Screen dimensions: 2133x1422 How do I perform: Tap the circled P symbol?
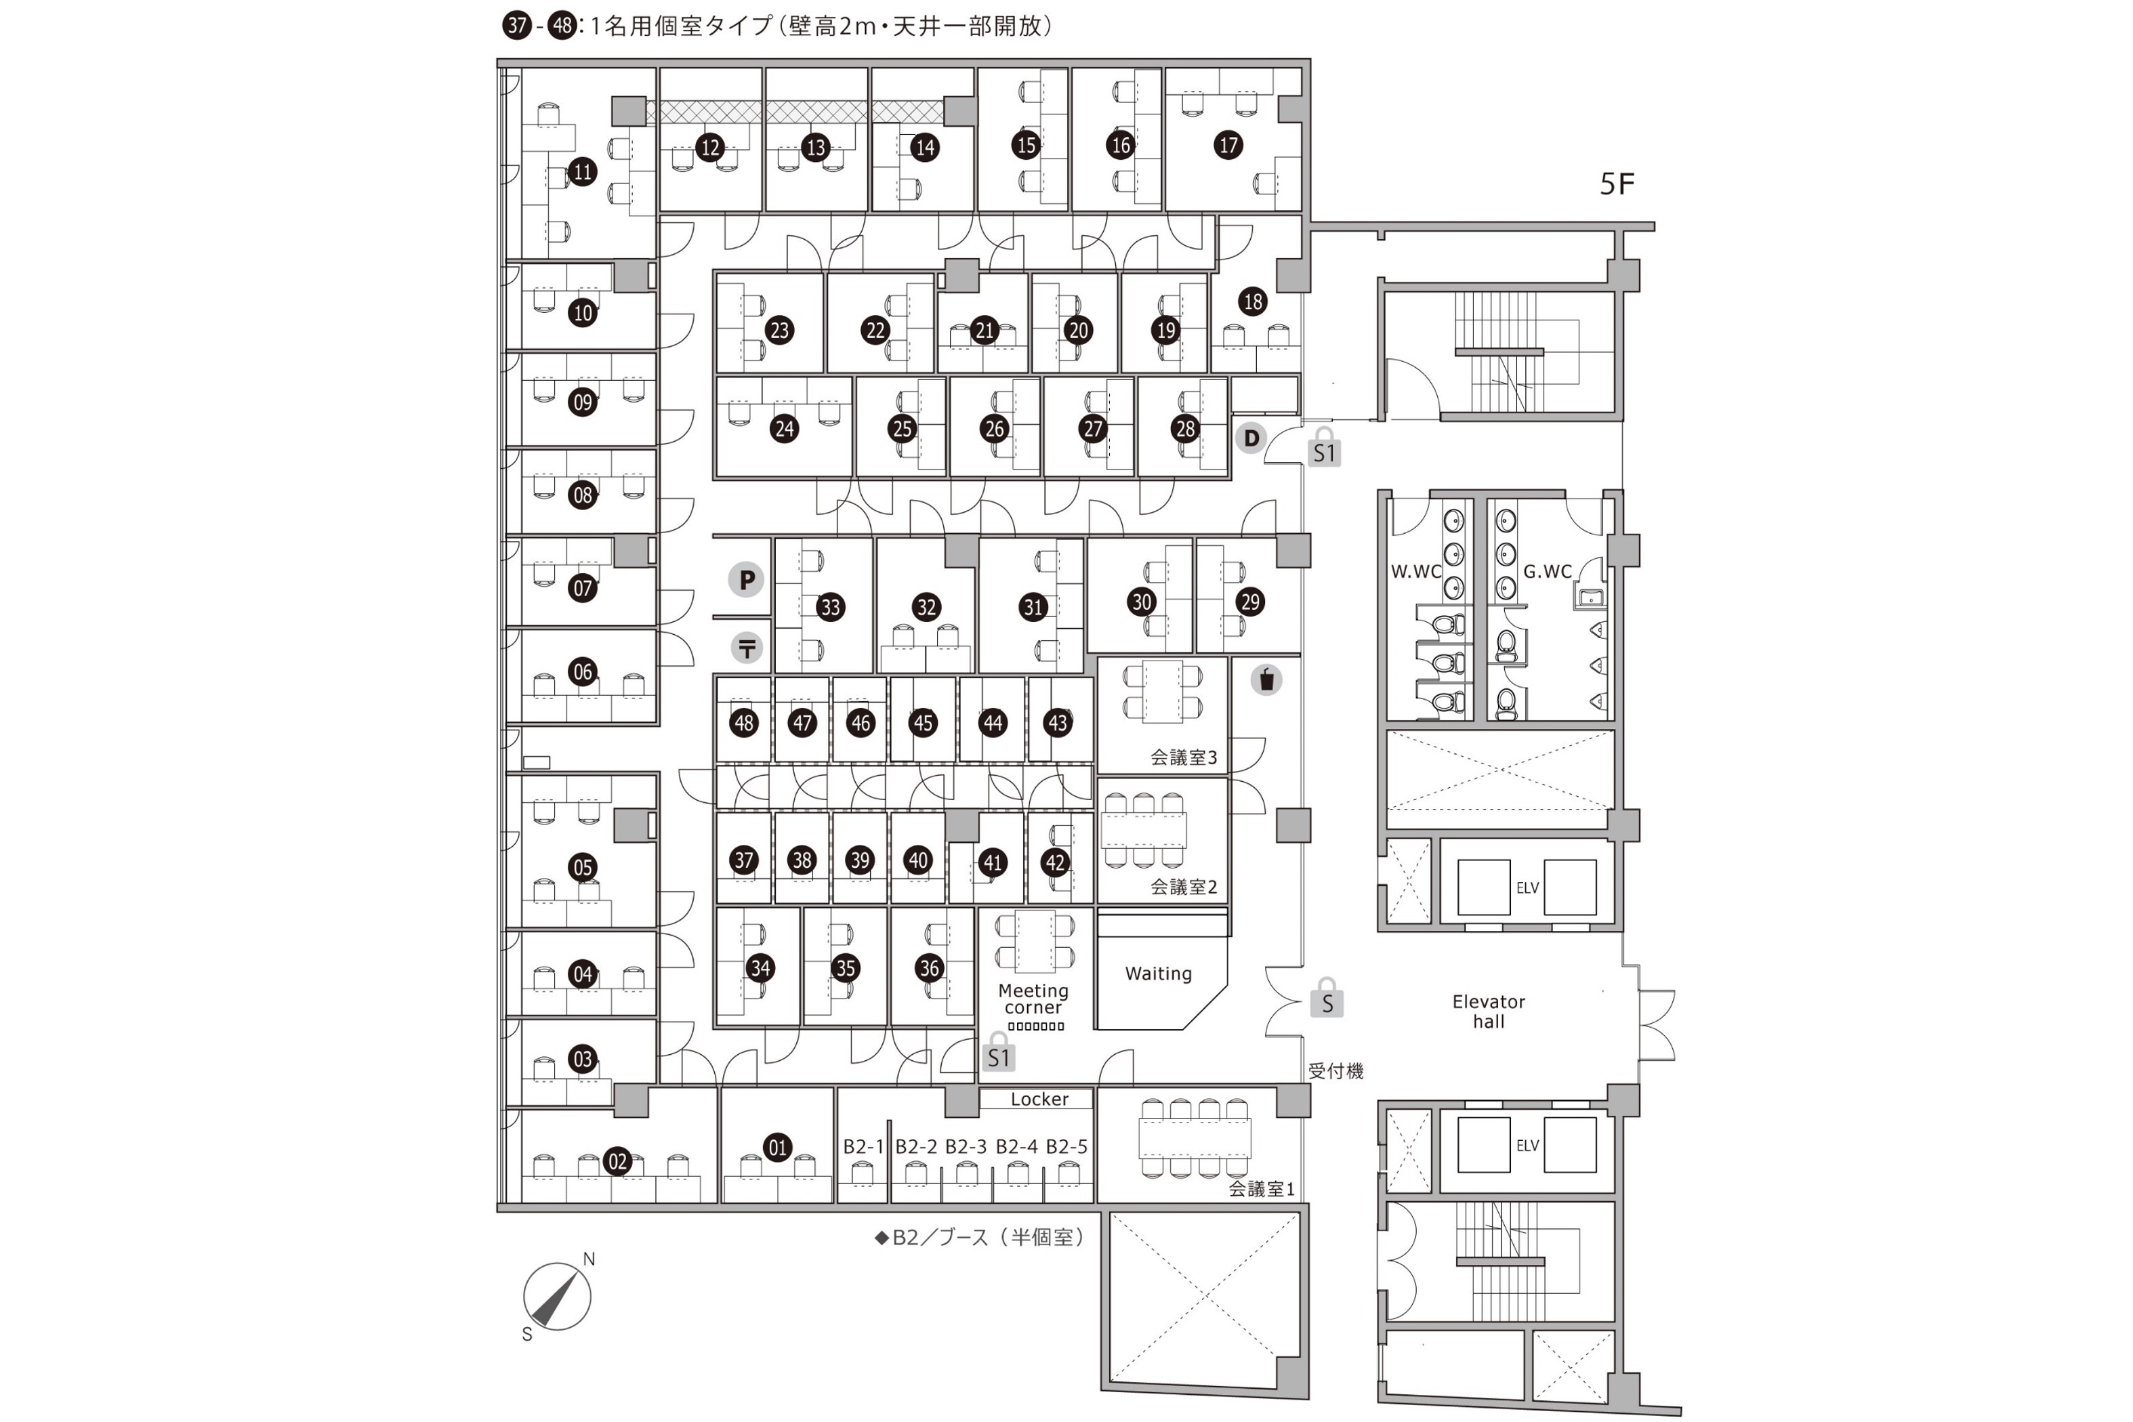tap(747, 579)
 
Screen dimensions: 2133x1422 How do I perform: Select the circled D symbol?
tap(1251, 439)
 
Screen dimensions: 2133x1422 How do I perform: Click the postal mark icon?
tap(747, 648)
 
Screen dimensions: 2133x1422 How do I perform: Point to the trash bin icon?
tap(1266, 679)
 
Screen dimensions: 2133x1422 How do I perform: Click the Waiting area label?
tap(1158, 973)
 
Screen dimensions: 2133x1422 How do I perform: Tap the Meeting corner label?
tap(1033, 999)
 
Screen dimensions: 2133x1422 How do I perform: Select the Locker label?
tap(1039, 1099)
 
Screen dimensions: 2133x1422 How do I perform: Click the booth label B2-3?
tap(965, 1146)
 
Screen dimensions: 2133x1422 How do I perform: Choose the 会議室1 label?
tap(1262, 1189)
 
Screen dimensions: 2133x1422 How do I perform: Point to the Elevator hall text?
tap(1488, 1011)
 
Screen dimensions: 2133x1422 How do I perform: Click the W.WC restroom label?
tap(1415, 571)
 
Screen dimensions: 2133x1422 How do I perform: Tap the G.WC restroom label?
tap(1547, 571)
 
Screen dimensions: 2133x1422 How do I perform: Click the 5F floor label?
tap(1616, 184)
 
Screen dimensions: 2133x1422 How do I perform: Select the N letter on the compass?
tap(589, 1259)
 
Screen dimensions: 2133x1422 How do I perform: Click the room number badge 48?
tap(744, 723)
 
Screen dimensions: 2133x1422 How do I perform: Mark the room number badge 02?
tap(617, 1162)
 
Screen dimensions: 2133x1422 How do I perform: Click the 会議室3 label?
tap(1184, 757)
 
